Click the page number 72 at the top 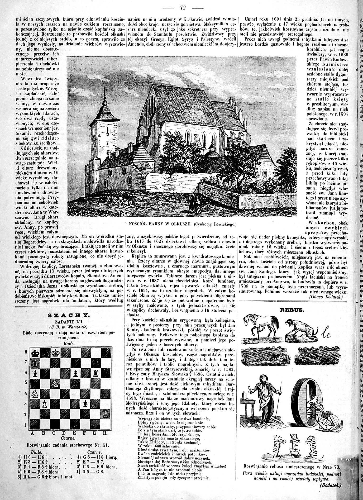[x=182, y=8]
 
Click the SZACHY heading [x=68, y=315]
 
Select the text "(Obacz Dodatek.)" [x=325, y=297]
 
